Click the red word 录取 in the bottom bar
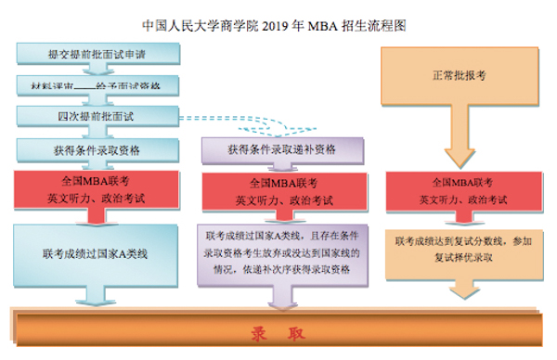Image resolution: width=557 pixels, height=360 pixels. click(x=278, y=332)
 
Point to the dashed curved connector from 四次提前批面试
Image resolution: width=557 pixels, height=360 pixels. click(x=241, y=122)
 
